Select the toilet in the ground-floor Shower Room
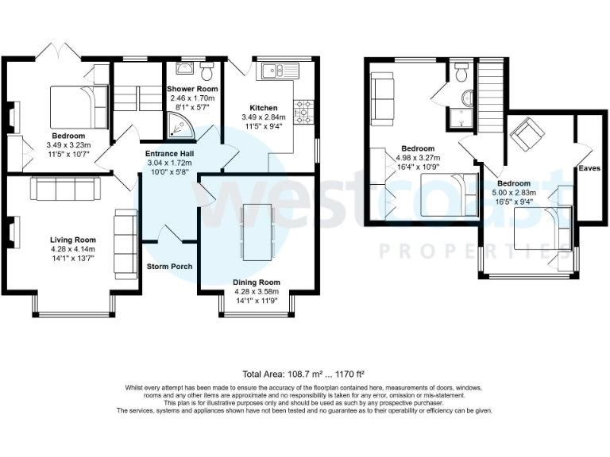207,72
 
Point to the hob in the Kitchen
303,113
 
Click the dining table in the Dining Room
257,232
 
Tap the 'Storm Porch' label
169,267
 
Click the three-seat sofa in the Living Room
64,190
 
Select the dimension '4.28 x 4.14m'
72,249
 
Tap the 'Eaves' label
589,169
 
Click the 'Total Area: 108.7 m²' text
304,373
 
